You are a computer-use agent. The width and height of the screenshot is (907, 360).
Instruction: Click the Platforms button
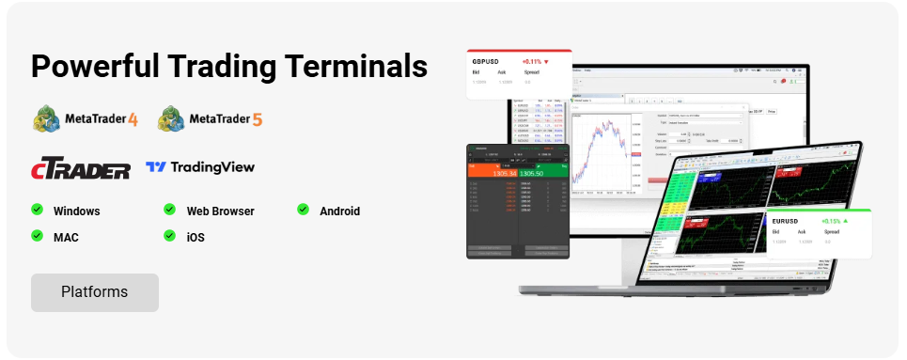(94, 292)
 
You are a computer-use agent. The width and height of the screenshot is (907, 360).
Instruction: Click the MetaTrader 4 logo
(86, 119)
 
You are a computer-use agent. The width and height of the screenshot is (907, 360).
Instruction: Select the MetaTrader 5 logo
(211, 119)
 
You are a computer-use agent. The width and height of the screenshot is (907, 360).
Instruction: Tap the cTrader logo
(80, 169)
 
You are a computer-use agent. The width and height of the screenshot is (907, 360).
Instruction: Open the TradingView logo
(200, 167)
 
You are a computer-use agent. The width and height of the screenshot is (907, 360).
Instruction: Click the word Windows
(77, 211)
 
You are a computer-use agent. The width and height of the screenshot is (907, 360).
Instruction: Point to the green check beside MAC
(38, 235)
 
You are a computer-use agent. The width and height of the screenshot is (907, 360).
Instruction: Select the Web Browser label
(220, 211)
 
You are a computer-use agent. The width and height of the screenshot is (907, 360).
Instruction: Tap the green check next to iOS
(170, 235)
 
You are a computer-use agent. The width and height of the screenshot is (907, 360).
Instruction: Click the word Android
(340, 211)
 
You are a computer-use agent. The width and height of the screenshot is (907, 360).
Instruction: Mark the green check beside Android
(304, 209)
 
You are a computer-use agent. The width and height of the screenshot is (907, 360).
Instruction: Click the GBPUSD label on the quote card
(486, 61)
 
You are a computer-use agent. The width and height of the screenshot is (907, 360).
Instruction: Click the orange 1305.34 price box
(493, 173)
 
